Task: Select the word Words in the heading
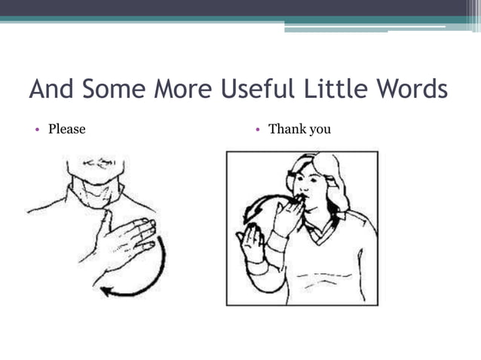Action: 409,90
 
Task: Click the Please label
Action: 67,130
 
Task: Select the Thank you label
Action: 299,130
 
